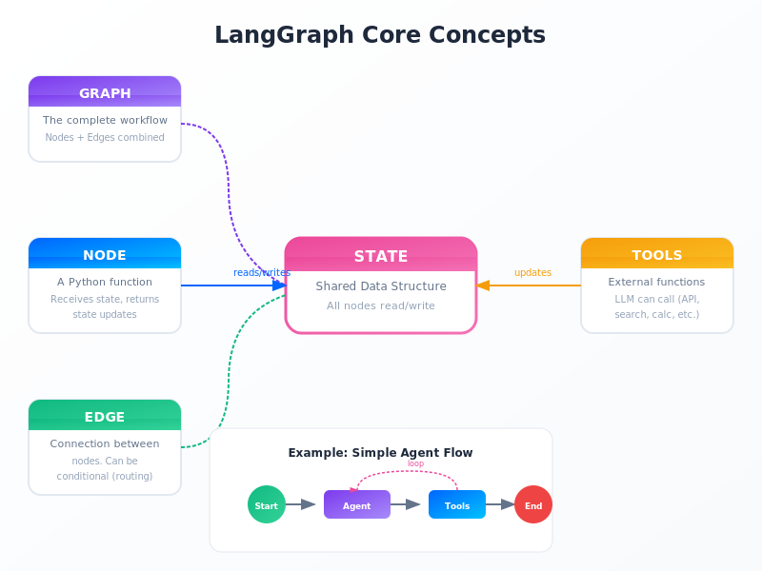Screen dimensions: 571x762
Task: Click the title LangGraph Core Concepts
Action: [380, 35]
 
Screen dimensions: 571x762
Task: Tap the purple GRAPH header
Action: [105, 92]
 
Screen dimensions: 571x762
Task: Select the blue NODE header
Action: [105, 254]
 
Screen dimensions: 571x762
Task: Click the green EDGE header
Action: [105, 416]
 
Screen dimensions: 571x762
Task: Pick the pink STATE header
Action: [381, 255]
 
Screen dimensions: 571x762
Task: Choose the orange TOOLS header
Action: [657, 254]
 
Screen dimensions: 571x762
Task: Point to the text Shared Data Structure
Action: [381, 285]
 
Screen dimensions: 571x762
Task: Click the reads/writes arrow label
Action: [262, 272]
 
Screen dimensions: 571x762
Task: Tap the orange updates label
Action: [532, 272]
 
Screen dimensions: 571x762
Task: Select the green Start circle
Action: [267, 504]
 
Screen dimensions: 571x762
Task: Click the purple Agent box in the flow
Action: [357, 504]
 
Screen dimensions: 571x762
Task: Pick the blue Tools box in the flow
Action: [457, 504]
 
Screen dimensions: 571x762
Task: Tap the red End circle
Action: [533, 504]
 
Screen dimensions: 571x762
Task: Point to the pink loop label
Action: [416, 463]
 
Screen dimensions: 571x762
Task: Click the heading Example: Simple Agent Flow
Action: [380, 452]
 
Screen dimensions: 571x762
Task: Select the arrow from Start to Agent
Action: [300, 504]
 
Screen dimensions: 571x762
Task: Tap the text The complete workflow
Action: [105, 120]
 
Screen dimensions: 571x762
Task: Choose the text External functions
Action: [657, 282]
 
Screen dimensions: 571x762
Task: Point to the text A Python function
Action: [105, 282]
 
